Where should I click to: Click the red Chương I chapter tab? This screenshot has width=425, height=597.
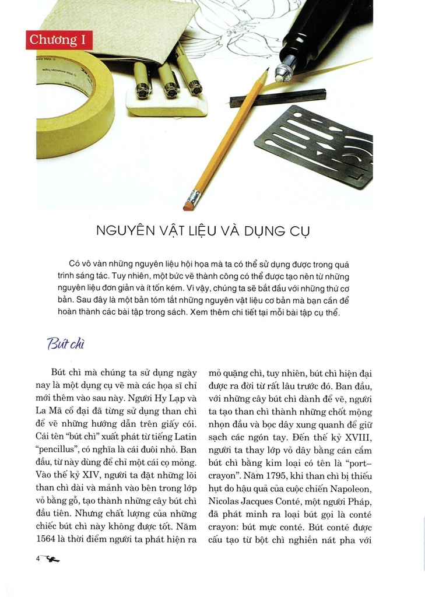point(59,40)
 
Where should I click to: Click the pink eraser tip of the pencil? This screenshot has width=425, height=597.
point(188,205)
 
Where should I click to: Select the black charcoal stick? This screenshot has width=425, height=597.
point(278,97)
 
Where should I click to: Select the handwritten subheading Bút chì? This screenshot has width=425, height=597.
point(66,344)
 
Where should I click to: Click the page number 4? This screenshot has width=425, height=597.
point(38,559)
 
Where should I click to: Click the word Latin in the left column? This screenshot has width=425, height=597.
point(184,437)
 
